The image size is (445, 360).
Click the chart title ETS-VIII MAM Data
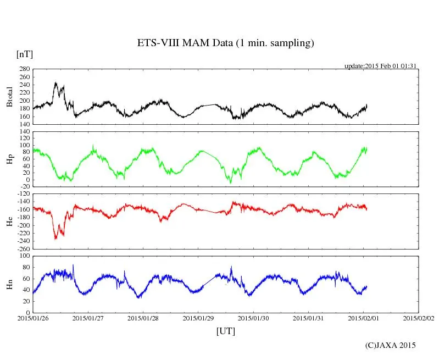point(225,43)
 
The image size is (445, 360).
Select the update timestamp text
point(381,66)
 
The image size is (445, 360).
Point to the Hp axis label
point(9,159)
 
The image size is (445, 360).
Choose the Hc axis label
point(9,221)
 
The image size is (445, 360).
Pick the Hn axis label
point(9,284)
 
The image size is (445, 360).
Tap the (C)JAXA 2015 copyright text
point(391,345)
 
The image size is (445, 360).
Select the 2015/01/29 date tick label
point(198,318)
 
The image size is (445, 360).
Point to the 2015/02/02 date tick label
point(418,318)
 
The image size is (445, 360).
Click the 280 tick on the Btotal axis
point(24,69)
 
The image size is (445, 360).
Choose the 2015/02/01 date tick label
point(363,318)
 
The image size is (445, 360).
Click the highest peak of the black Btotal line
point(55,82)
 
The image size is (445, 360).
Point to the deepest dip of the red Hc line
point(55,239)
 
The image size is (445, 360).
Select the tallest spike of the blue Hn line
point(74,265)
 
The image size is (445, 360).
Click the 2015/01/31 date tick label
point(308,318)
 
